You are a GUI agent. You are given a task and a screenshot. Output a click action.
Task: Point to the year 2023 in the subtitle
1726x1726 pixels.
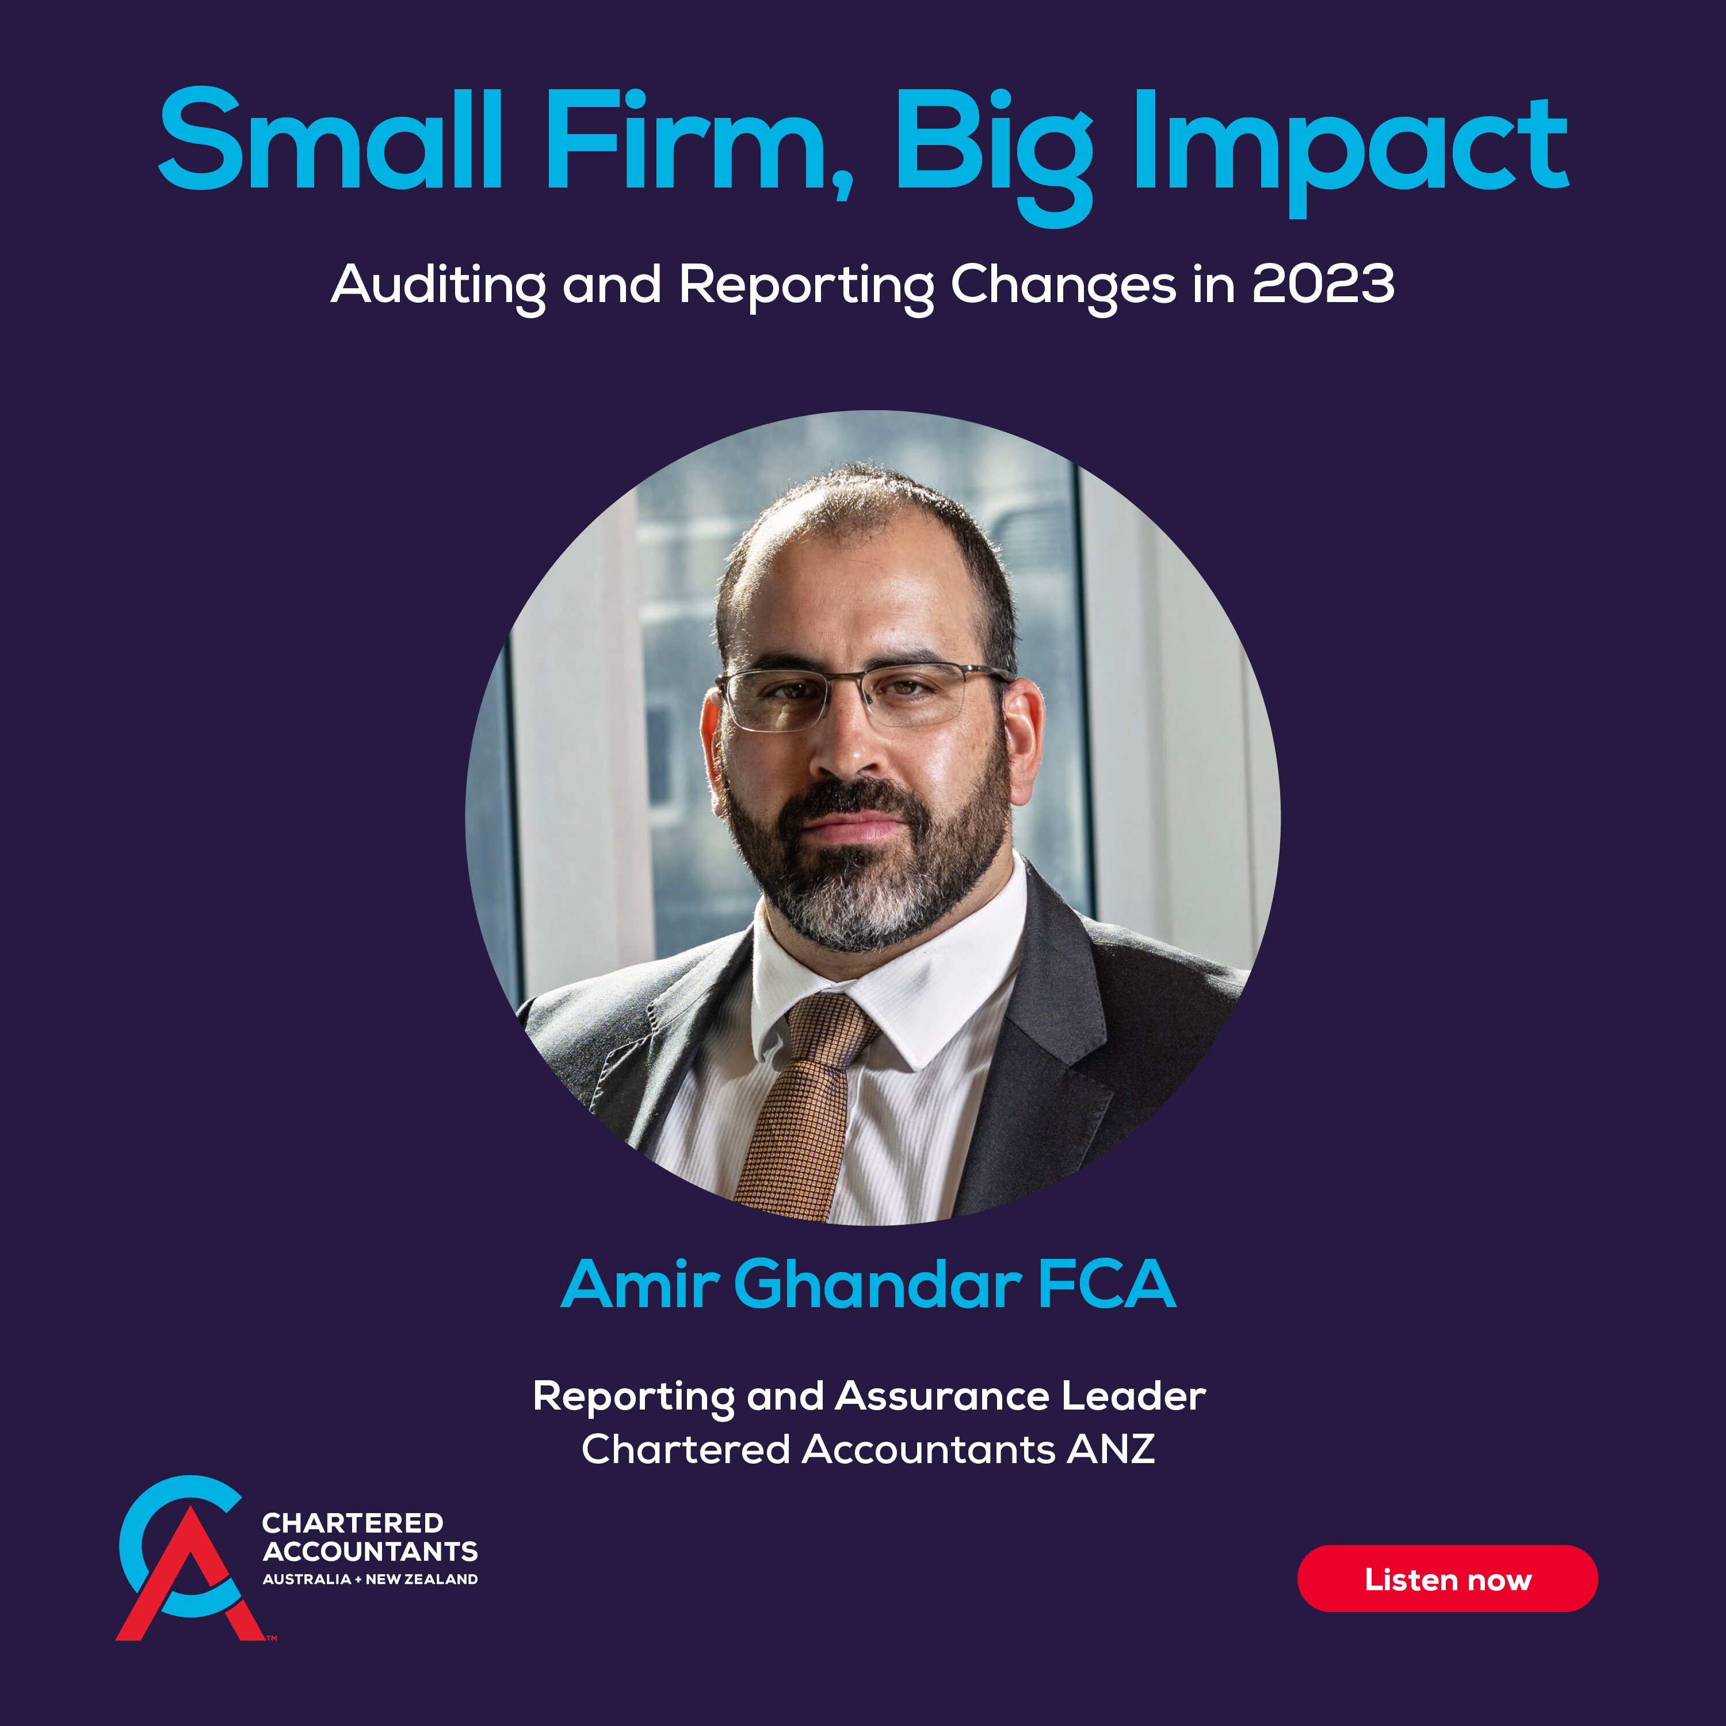pyautogui.click(x=1323, y=284)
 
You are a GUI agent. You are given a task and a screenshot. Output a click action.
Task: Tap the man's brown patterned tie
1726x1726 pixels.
pyautogui.click(x=800, y=1108)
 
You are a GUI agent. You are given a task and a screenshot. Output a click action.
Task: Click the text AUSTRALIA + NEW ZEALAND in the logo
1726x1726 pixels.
pyautogui.click(x=370, y=1579)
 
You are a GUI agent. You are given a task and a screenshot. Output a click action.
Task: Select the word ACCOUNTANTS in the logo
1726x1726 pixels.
pyautogui.click(x=370, y=1551)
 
